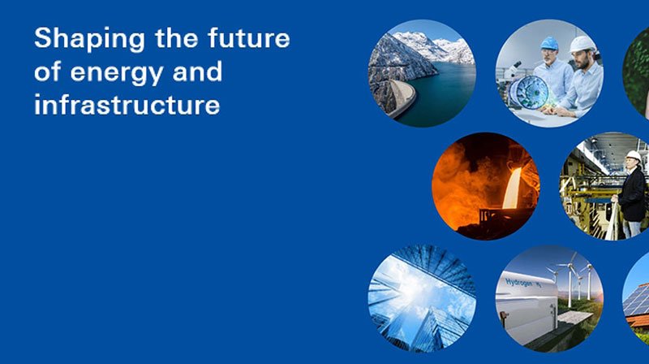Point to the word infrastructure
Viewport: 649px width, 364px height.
[x=127, y=105]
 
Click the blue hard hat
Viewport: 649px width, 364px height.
[x=549, y=44]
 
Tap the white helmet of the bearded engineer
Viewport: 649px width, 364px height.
[x=582, y=44]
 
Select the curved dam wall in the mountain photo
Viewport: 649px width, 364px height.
[x=402, y=97]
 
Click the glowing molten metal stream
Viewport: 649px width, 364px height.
[x=511, y=188]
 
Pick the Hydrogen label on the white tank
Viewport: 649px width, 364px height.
[x=519, y=283]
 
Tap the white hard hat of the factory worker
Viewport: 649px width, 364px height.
[x=634, y=156]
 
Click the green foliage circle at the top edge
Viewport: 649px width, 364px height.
[x=636, y=73]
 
